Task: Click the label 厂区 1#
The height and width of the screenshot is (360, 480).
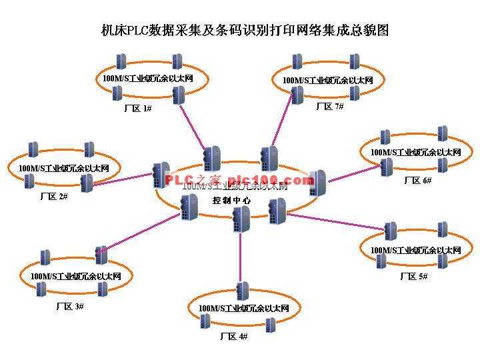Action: click(138, 107)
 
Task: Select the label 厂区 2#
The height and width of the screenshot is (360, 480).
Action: click(54, 196)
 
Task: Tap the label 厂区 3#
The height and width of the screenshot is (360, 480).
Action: click(70, 306)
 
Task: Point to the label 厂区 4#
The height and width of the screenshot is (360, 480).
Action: click(234, 337)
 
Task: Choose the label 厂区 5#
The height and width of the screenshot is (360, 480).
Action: click(414, 276)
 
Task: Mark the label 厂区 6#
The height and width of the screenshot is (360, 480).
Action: click(418, 181)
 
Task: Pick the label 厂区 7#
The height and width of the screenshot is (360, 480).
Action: click(329, 107)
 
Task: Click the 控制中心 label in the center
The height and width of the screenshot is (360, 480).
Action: click(231, 200)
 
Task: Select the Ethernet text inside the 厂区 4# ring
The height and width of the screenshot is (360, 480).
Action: click(243, 308)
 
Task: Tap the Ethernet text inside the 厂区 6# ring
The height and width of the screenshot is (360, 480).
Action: click(415, 153)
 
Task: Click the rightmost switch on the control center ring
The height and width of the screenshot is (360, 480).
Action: click(317, 182)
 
